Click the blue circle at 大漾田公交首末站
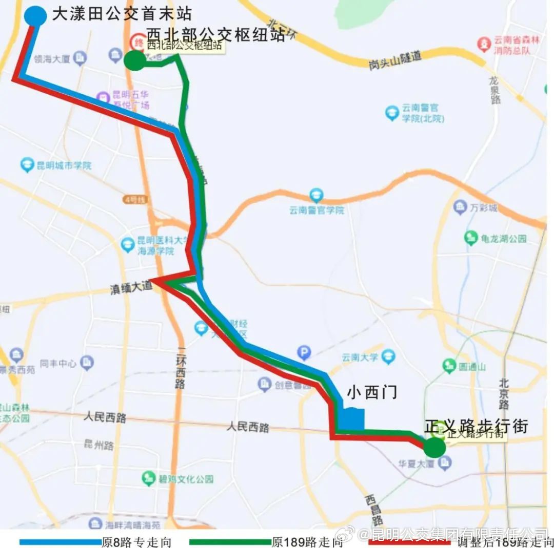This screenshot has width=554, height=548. tap(35, 15)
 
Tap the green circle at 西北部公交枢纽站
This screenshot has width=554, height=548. tap(135, 60)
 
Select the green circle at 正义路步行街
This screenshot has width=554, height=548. tap(435, 447)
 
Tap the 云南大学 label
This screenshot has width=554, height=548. tap(361, 357)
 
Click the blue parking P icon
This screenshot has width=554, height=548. tap(304, 352)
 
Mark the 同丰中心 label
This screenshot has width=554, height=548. tap(58, 364)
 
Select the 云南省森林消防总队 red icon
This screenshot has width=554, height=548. tap(483, 44)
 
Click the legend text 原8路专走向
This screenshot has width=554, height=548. tap(136, 542)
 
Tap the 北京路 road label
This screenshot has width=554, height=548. tap(504, 394)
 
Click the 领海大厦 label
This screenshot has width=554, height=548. tap(52, 59)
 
